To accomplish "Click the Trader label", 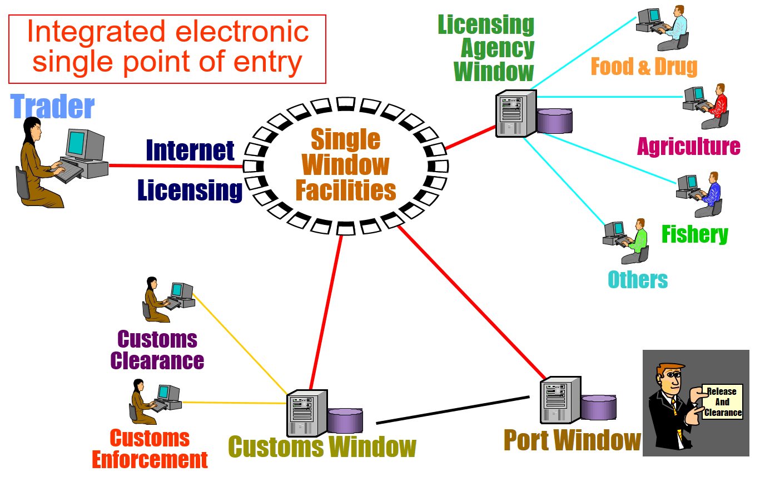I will click(x=52, y=106).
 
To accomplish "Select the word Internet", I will click(x=190, y=150).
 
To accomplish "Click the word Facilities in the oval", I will click(x=345, y=190).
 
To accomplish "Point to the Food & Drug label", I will click(x=643, y=67).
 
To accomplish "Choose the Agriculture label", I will click(x=688, y=146).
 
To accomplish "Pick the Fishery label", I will click(x=694, y=234).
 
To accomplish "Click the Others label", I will click(x=638, y=279).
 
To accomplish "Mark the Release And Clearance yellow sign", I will click(x=722, y=401).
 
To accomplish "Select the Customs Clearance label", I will click(x=157, y=350).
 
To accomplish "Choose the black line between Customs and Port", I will click(x=453, y=410).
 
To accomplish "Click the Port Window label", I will click(x=572, y=440).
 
